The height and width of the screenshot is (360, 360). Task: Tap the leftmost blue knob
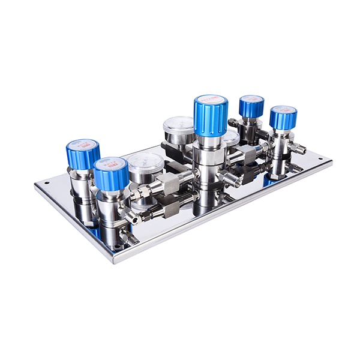(x=83, y=155)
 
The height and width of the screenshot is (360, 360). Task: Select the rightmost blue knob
(x=283, y=118)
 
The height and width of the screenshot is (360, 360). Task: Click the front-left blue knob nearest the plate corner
(x=111, y=174)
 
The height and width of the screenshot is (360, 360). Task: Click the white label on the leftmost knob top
(x=82, y=145)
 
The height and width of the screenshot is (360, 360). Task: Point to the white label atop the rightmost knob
(x=283, y=109)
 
